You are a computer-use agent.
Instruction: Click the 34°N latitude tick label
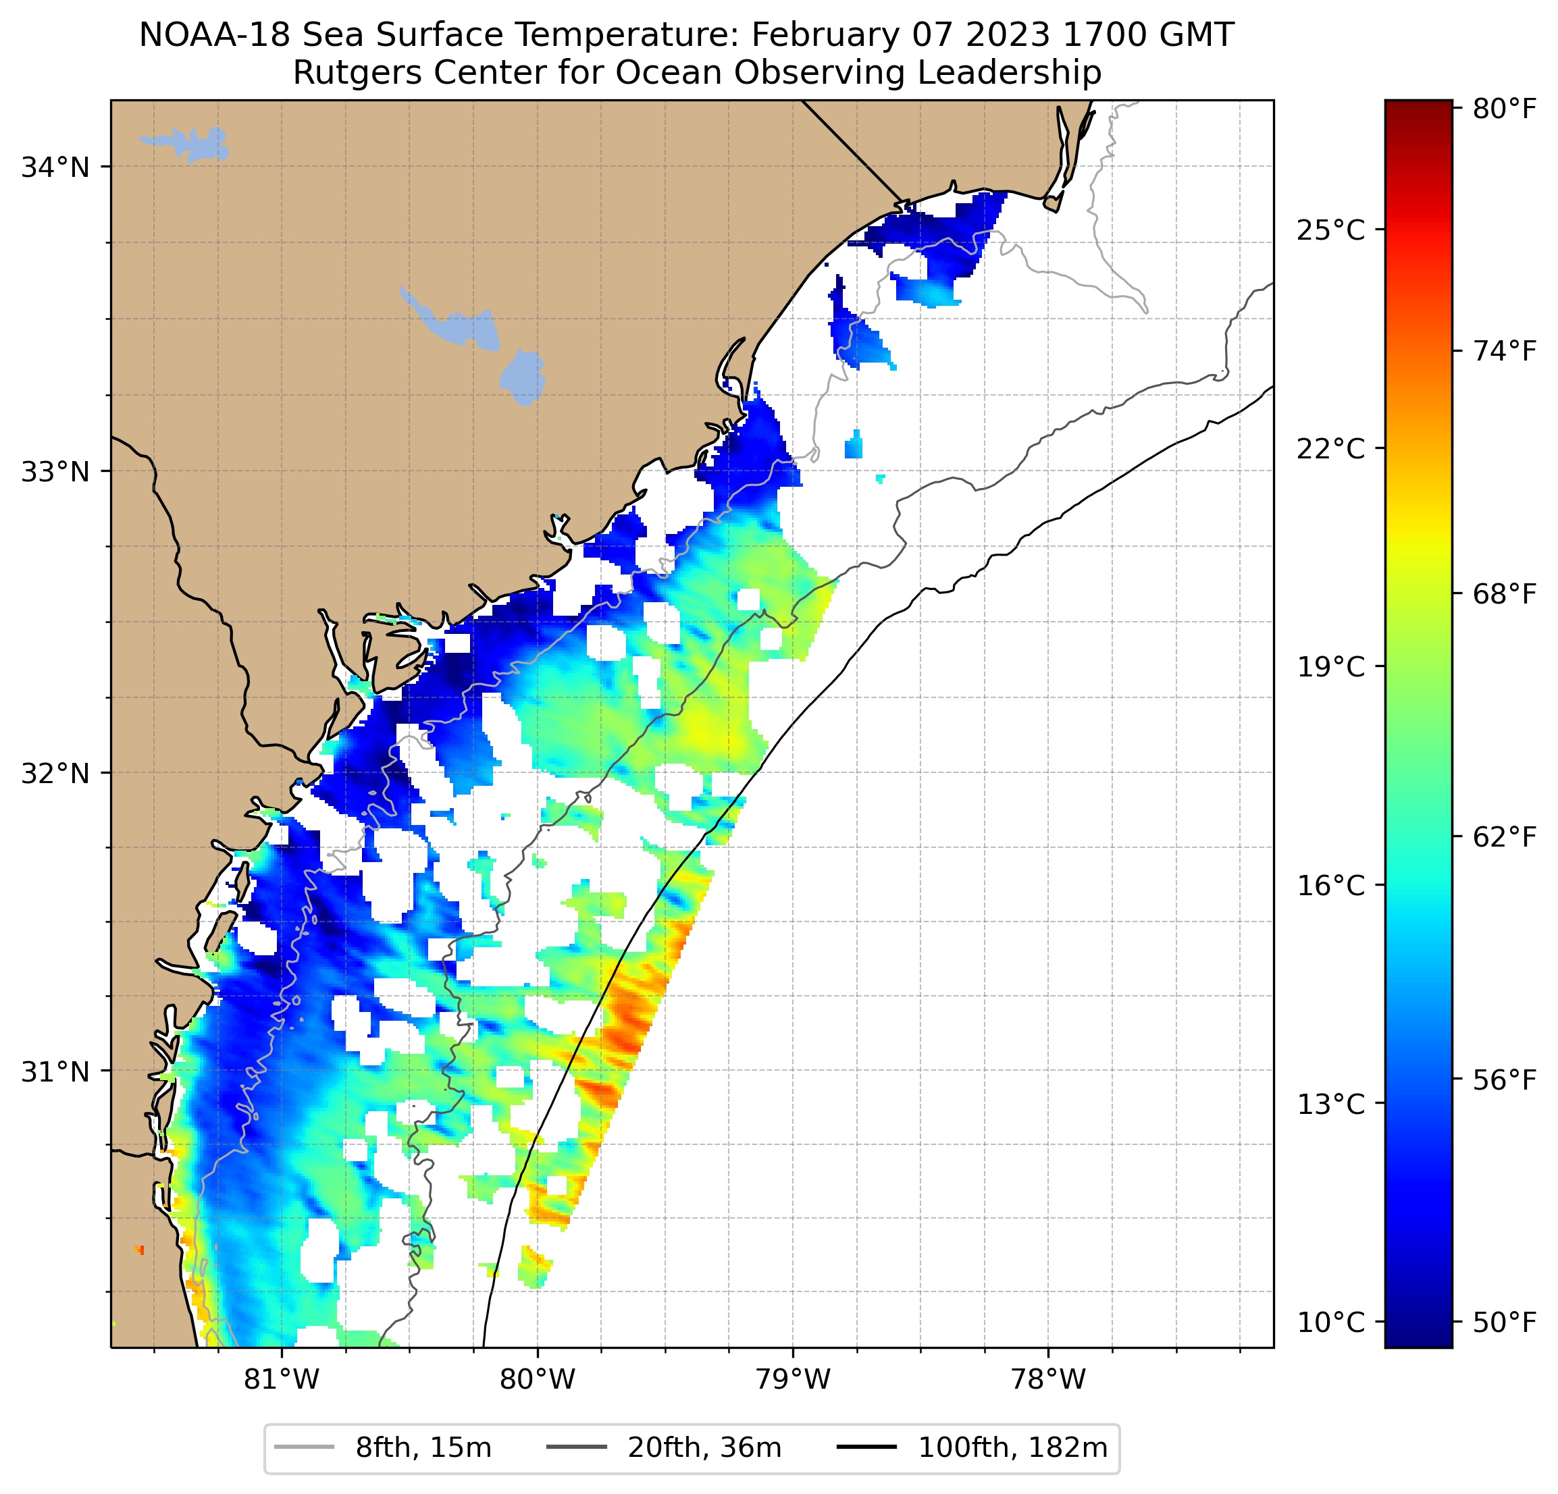(55, 167)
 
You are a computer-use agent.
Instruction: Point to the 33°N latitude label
(55, 471)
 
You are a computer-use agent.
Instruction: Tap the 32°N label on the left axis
(55, 772)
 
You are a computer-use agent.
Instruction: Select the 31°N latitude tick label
(55, 1072)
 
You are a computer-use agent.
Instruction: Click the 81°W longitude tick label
(282, 1379)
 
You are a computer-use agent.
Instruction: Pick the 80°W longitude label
(538, 1379)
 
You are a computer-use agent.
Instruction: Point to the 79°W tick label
(793, 1379)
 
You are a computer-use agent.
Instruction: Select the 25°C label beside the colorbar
(1330, 230)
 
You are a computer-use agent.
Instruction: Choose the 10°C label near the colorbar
(1330, 1323)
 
